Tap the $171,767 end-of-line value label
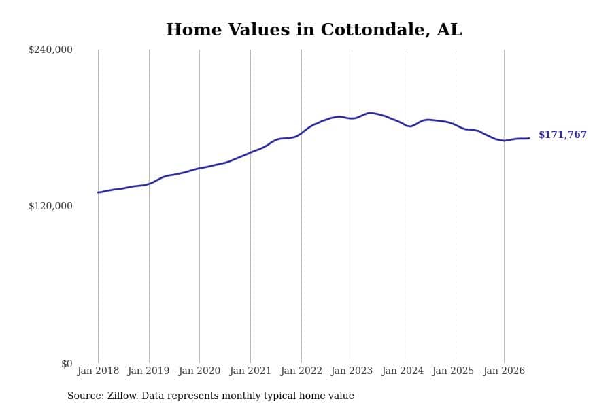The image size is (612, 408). [562, 135]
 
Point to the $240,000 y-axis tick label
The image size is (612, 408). [50, 50]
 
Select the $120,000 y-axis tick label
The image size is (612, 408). [50, 206]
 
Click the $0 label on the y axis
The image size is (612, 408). [67, 364]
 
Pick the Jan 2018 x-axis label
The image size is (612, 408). [98, 371]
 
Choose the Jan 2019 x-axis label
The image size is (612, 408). [148, 371]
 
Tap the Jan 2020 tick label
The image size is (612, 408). [199, 371]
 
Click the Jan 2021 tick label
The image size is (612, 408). [250, 371]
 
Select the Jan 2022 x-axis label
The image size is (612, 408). [301, 371]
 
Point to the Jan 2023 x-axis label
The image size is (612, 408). [352, 371]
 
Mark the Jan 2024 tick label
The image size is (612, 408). [403, 371]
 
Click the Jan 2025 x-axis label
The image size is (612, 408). [453, 371]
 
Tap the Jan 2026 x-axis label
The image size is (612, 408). [504, 371]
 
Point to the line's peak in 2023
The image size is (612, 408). [369, 113]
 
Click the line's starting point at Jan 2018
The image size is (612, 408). [98, 192]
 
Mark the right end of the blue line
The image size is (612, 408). [529, 138]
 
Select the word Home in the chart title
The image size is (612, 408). [194, 30]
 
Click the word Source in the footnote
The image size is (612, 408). [86, 396]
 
